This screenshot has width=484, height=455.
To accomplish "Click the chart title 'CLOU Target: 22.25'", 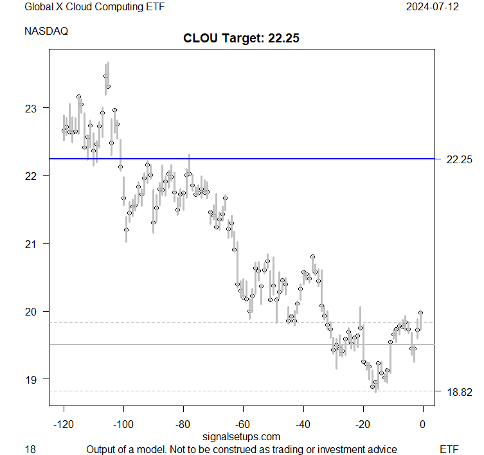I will click(x=242, y=38).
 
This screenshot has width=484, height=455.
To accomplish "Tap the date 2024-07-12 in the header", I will click(x=432, y=7).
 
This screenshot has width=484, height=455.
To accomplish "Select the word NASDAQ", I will click(x=46, y=30).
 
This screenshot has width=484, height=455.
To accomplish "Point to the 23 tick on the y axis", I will click(x=31, y=108).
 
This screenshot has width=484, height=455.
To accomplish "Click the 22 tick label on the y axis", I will click(x=31, y=176).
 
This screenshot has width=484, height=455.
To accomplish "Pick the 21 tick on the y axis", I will click(x=31, y=244).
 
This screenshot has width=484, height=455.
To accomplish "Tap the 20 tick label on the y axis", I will click(x=31, y=312).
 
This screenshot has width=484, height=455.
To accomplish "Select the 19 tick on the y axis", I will click(x=31, y=379).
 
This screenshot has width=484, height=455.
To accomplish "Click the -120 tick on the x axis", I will click(x=63, y=424).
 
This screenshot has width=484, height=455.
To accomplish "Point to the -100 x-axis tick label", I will click(x=123, y=424).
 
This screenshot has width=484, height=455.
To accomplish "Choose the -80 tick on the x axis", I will click(x=183, y=424).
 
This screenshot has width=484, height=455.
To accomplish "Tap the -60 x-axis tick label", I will click(x=243, y=424).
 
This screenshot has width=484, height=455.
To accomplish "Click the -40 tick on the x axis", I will click(x=303, y=424).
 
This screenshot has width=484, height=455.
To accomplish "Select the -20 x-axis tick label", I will click(x=363, y=424).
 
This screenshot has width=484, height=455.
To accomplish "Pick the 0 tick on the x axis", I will click(x=423, y=424).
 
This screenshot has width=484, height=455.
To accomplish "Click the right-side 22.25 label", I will click(x=459, y=159).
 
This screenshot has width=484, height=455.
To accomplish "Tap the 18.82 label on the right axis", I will click(x=459, y=391).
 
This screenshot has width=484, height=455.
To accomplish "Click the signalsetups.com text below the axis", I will click(x=241, y=437).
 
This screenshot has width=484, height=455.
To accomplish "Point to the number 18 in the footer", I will click(x=30, y=449).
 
